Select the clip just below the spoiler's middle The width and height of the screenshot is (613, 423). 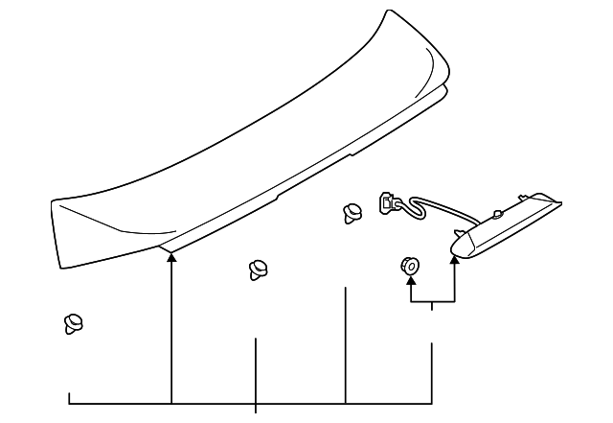tap(256, 270)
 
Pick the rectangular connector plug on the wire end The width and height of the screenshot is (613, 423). tap(389, 202)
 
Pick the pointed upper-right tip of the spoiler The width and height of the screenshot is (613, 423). tap(388, 12)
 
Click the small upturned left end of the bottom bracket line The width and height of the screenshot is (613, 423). tap(69, 396)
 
